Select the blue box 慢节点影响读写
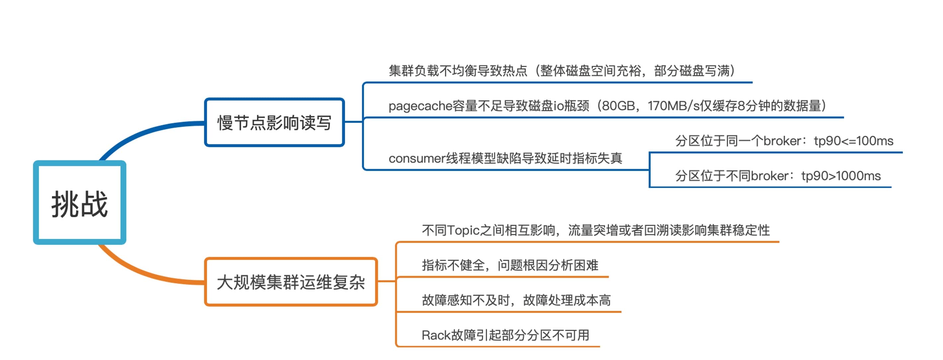click(274, 122)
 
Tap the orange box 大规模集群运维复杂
click(291, 282)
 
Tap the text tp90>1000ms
click(841, 176)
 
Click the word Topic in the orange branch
click(463, 230)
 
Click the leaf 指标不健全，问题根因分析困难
click(510, 265)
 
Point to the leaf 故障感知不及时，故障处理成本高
click(516, 300)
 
